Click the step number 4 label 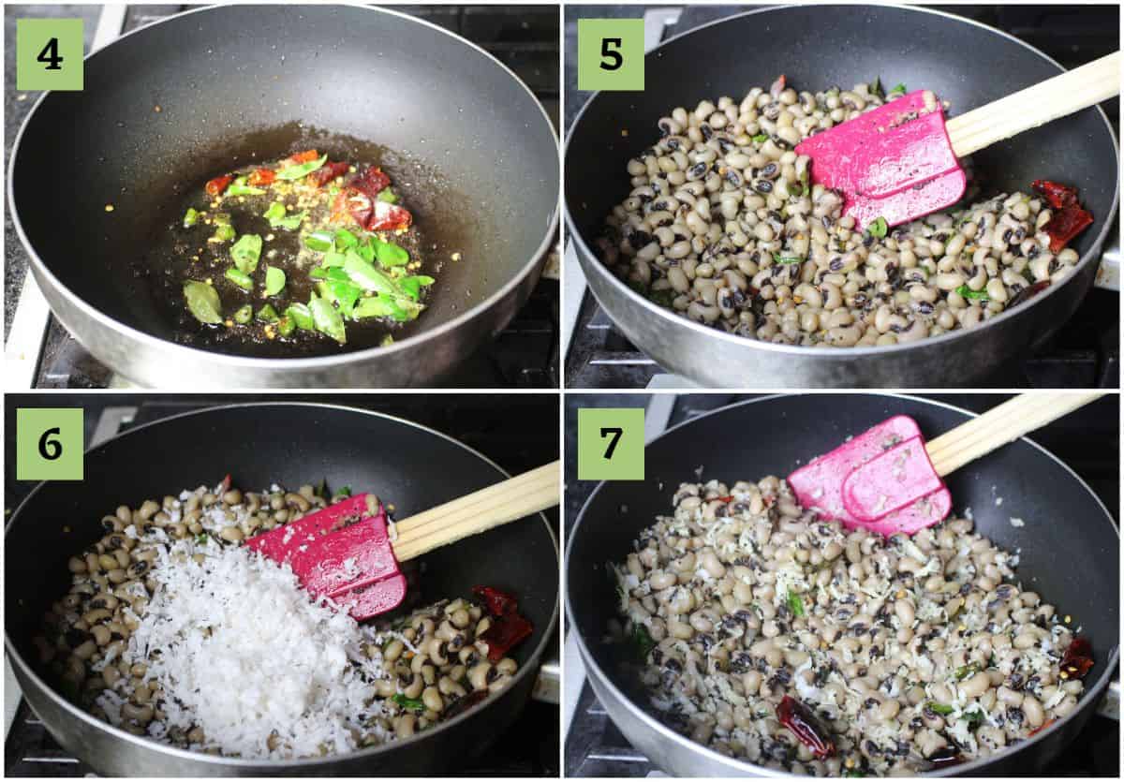[x=51, y=54]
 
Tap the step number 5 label [x=611, y=54]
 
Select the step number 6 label [x=51, y=444]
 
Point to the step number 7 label [x=611, y=444]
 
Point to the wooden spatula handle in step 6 [x=474, y=511]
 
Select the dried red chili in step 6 [x=502, y=622]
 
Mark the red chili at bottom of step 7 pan [x=805, y=725]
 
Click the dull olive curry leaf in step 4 [x=202, y=302]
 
